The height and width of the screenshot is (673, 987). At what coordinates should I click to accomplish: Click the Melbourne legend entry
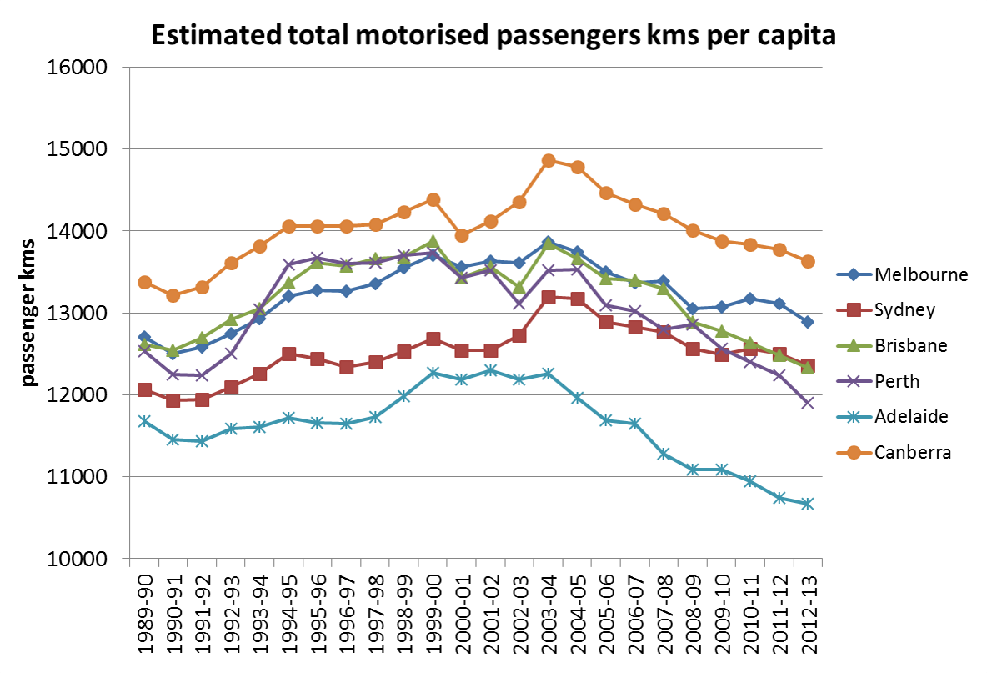pos(903,274)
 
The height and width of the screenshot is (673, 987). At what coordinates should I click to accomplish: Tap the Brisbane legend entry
pos(897,345)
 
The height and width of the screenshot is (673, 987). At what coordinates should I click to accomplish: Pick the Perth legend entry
pos(886,381)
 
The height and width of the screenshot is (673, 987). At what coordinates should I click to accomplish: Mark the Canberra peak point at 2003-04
pos(549,161)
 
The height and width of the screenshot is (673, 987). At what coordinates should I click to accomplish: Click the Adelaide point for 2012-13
pos(808,504)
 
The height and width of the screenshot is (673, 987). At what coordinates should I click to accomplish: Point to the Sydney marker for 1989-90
pos(144,390)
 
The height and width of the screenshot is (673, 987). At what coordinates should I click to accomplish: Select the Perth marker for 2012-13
pos(808,403)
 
